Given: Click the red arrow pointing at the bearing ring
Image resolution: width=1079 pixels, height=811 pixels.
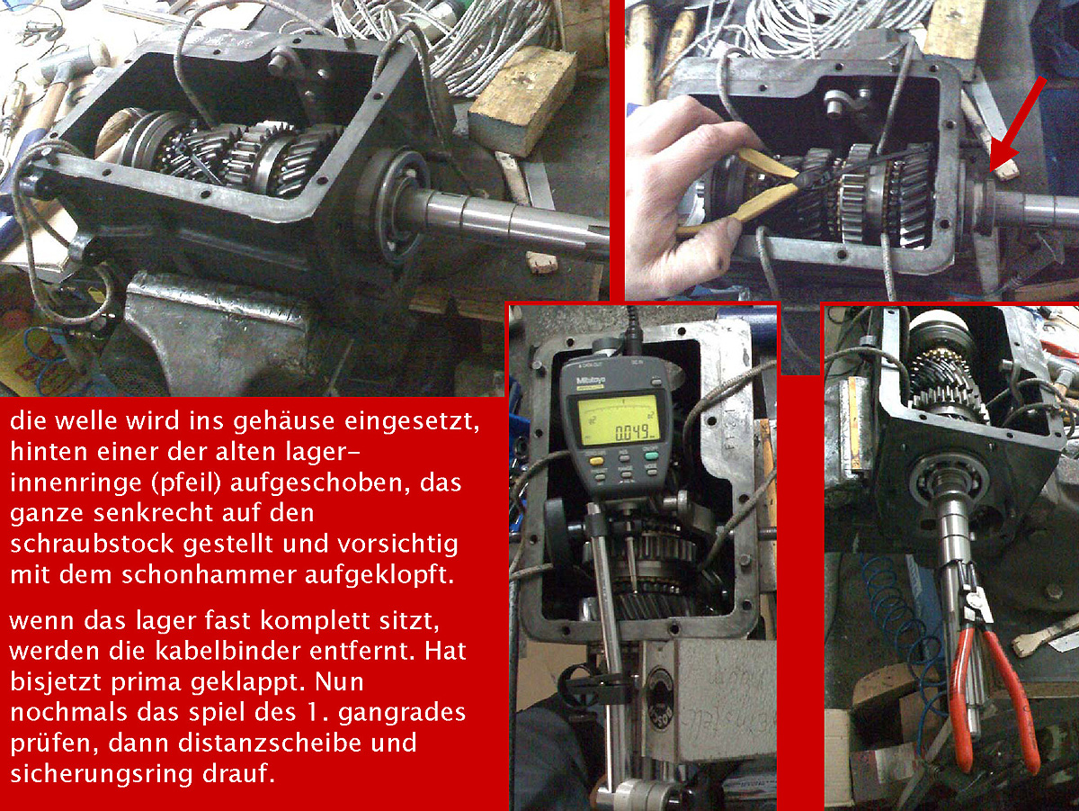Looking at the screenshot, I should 1018,122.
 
